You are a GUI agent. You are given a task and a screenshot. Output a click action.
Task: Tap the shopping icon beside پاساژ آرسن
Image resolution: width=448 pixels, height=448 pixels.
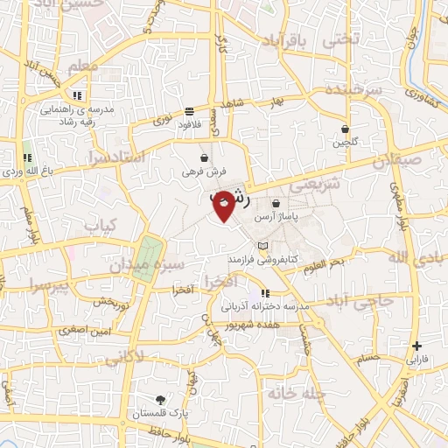(x=276, y=203)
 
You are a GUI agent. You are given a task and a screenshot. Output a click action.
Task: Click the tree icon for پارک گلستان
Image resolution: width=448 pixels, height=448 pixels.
(x=158, y=399)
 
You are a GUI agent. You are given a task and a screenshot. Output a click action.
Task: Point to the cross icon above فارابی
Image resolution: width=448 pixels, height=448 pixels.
(x=417, y=346)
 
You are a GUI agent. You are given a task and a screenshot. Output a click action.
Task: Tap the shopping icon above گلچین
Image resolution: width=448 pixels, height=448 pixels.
(x=347, y=128)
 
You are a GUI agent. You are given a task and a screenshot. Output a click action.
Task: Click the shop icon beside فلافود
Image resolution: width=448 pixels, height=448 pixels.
(x=190, y=111)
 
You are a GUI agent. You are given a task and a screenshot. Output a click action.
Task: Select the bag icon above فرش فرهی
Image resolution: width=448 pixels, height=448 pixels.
(x=204, y=158)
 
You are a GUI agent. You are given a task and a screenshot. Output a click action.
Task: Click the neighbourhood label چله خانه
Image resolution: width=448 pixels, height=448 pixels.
(x=297, y=395)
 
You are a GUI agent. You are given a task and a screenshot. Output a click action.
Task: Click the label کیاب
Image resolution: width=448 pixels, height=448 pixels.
(x=100, y=226)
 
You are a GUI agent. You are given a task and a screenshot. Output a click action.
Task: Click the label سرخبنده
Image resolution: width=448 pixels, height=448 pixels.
(x=355, y=91)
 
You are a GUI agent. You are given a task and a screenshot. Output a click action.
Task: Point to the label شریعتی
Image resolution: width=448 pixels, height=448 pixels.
(x=318, y=185)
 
